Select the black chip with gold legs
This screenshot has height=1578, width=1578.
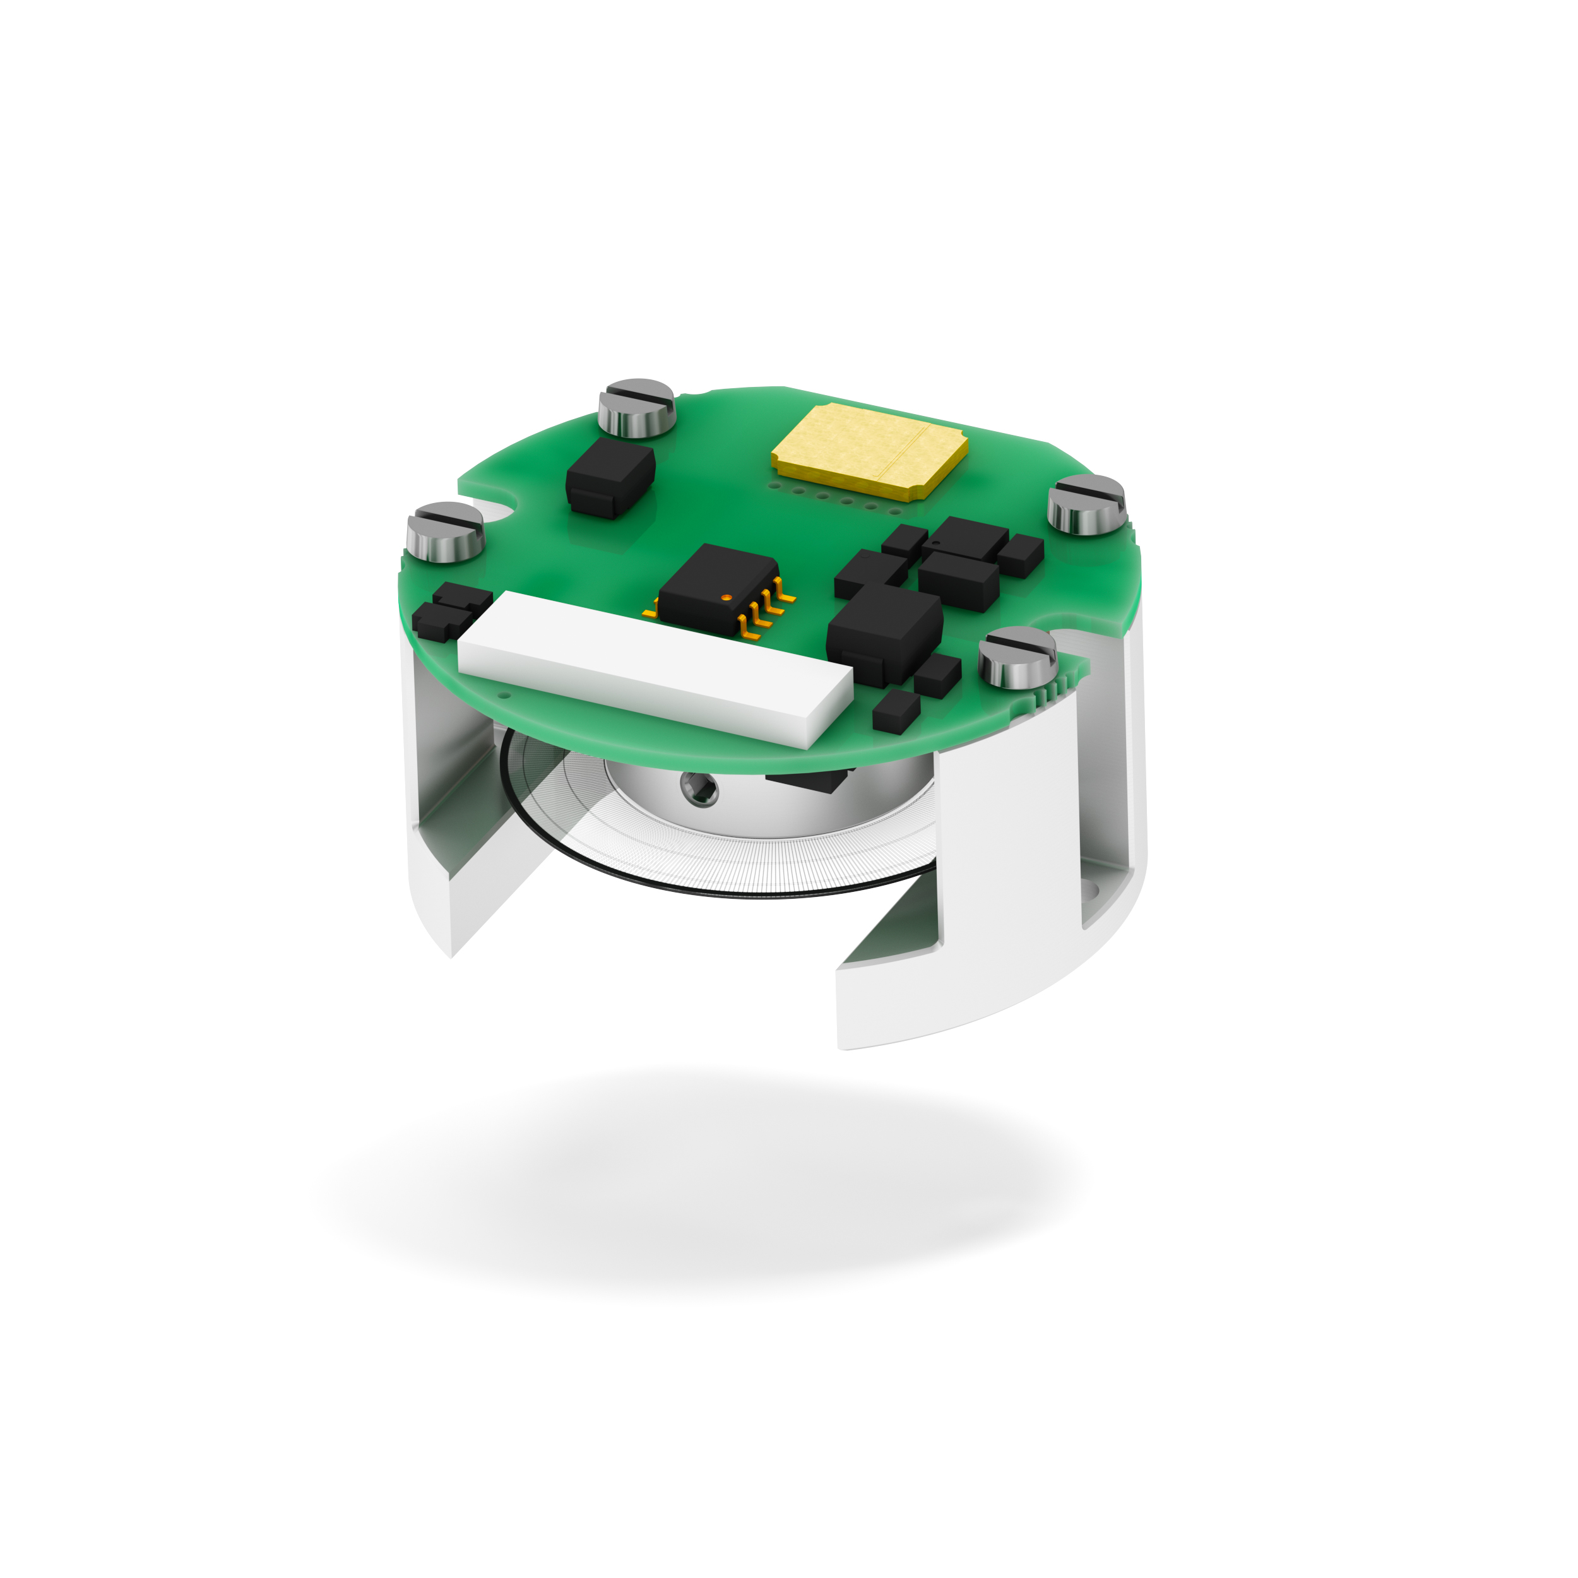716,589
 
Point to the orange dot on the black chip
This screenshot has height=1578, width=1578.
726,598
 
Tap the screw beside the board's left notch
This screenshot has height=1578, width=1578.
445,531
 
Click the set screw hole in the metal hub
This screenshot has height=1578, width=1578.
700,789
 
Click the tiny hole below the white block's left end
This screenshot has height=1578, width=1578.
504,696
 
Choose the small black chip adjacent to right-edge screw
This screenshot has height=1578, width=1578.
1020,555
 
